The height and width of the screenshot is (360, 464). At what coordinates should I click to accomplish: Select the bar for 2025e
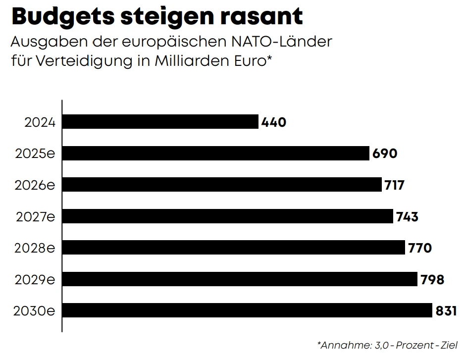pyautogui.click(x=216, y=153)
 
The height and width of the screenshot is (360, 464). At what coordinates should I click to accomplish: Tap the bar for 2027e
pyautogui.click(x=228, y=216)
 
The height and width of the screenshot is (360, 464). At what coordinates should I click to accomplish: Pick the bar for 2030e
pyautogui.click(x=247, y=310)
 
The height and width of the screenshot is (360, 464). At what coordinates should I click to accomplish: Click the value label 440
pyautogui.click(x=274, y=122)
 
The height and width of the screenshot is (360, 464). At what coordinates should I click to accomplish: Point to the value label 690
pyautogui.click(x=385, y=154)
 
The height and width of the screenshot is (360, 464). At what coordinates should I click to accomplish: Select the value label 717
pyautogui.click(x=395, y=185)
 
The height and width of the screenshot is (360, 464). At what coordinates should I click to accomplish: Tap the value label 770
pyautogui.click(x=420, y=248)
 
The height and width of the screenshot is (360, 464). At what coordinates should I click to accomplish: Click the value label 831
pyautogui.click(x=446, y=311)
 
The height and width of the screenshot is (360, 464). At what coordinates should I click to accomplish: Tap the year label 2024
pyautogui.click(x=40, y=122)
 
